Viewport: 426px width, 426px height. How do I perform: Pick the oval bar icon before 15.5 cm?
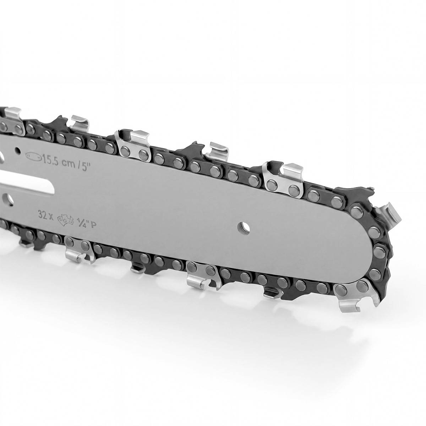coord(34,156)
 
